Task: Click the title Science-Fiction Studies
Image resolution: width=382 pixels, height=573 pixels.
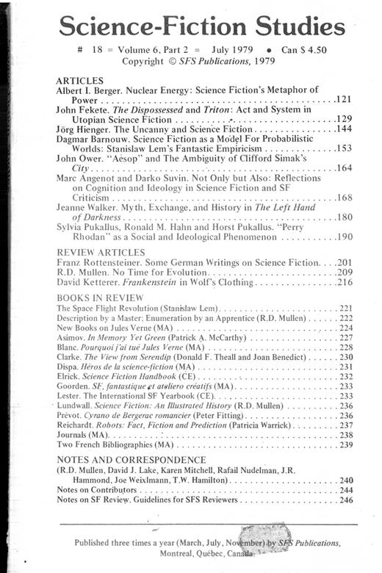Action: [x=201, y=28]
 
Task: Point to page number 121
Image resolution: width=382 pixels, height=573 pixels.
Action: [x=344, y=98]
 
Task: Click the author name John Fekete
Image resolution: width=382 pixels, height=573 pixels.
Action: [x=80, y=109]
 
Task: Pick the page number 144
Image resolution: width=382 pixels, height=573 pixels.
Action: [x=344, y=128]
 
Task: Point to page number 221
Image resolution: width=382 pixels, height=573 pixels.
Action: [x=346, y=309]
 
